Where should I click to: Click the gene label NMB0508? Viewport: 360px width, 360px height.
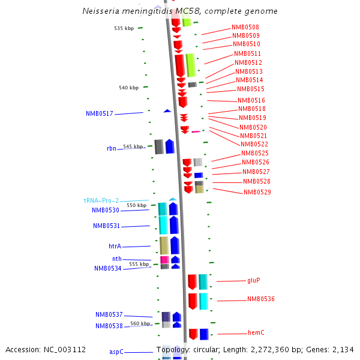(245, 27)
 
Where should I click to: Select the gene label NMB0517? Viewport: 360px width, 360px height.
(99, 113)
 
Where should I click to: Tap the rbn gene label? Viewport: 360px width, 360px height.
(112, 148)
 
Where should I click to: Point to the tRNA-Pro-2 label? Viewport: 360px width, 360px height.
(101, 200)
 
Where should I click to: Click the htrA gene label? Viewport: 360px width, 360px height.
(115, 246)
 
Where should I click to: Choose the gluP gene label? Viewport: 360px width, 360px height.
(254, 280)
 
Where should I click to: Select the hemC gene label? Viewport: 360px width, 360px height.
(256, 332)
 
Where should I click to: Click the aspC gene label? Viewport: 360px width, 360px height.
(116, 352)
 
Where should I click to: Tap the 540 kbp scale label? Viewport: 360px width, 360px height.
(128, 88)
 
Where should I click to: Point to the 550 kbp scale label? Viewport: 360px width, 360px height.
(136, 205)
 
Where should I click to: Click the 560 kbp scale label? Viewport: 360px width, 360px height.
(140, 323)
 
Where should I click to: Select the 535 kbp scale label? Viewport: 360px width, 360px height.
(124, 28)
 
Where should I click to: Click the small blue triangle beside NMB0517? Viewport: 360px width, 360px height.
(167, 111)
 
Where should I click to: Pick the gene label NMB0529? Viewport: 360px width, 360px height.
(257, 192)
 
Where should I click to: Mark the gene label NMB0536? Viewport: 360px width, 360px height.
(260, 299)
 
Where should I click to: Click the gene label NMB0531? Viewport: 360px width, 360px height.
(106, 226)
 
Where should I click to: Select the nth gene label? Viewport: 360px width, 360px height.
(116, 259)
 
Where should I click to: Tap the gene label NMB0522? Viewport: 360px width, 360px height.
(254, 144)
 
